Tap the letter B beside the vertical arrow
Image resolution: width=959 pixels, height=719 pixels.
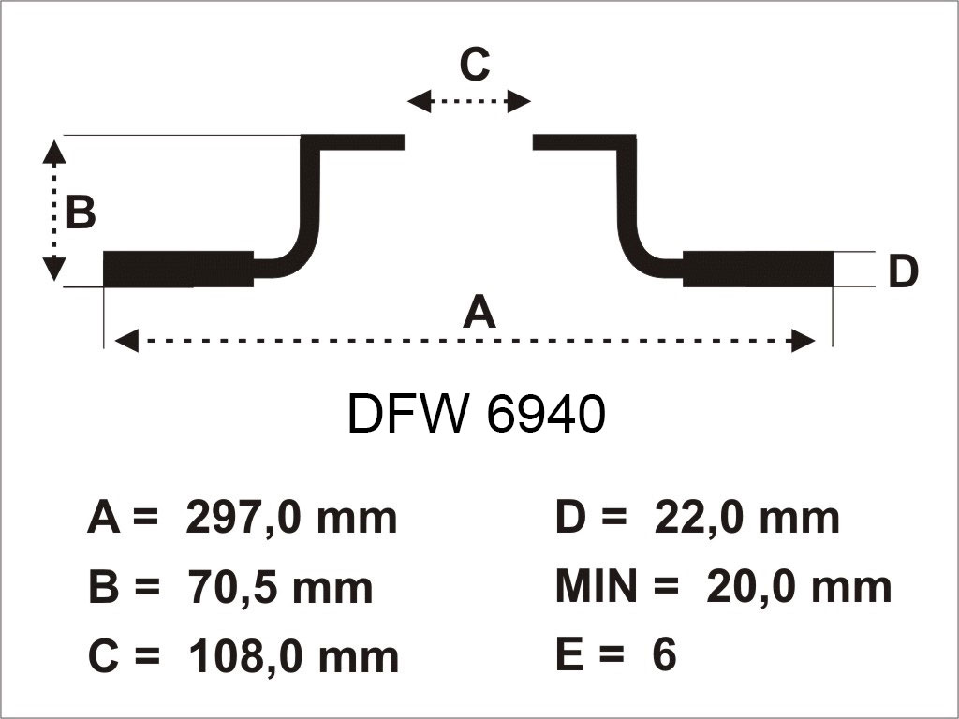coord(81,213)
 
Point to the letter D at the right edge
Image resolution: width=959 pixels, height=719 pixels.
coord(903,272)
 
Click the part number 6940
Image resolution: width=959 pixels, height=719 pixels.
coord(546,415)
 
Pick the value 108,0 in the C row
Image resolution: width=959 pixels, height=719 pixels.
coord(245,656)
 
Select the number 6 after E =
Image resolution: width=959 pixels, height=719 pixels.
coord(663,655)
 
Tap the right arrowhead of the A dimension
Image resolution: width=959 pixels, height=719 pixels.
coord(804,341)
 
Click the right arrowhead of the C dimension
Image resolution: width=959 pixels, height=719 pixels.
coord(521,101)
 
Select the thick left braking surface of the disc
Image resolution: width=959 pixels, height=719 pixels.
coord(178,269)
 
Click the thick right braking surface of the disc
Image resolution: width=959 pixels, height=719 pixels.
coord(758,269)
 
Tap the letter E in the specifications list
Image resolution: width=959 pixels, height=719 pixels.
coord(569,655)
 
